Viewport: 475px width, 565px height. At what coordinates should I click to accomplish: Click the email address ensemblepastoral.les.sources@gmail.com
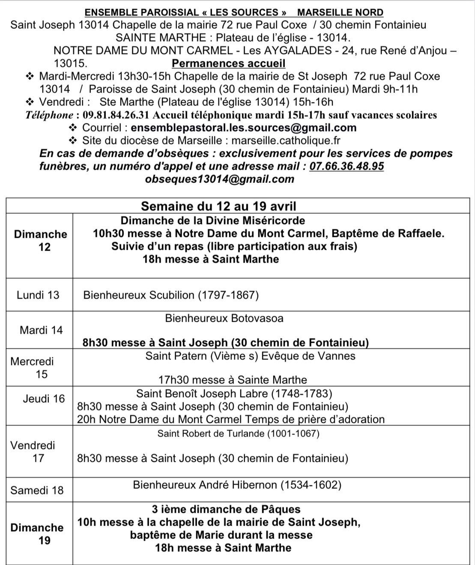coord(243,128)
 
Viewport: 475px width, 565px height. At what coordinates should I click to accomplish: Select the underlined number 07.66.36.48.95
coord(347,166)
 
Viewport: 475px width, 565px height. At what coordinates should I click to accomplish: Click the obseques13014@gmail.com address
coord(220,179)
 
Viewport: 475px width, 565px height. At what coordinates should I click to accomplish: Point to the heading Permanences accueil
coord(228,64)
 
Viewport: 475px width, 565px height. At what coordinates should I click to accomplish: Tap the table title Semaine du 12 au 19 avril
coord(218,206)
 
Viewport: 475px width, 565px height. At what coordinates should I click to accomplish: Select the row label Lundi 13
coord(38,295)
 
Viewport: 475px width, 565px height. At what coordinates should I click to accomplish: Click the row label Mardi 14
coord(41,330)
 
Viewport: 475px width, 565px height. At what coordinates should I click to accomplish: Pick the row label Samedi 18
coord(37,490)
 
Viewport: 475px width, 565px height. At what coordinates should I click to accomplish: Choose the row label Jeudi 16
coord(44,398)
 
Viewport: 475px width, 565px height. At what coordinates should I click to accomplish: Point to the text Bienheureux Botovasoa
coord(224,318)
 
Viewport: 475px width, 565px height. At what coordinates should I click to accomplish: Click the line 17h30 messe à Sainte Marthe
coord(233,380)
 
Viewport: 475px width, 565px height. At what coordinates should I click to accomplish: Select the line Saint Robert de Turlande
coord(238,433)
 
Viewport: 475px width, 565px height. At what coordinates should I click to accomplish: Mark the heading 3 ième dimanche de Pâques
coord(226,509)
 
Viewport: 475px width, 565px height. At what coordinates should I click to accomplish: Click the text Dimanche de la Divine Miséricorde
coord(213,221)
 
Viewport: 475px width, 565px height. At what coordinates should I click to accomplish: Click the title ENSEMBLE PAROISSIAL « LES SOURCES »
coord(185,13)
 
